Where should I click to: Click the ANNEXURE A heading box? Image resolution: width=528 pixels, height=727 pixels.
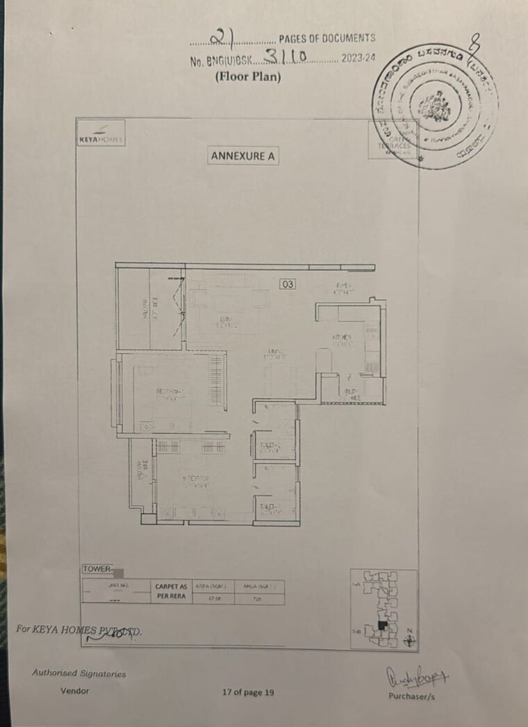point(242,156)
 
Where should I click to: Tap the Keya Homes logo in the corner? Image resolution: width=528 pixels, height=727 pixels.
point(100,137)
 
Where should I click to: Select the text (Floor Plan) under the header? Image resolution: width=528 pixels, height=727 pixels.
point(247,77)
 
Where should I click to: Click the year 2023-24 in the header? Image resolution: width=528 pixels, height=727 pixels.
point(357,60)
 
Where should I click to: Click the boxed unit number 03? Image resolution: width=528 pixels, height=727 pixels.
point(288,284)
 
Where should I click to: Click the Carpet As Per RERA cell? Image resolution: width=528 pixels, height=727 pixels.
point(170,591)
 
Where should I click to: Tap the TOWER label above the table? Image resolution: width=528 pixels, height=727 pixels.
point(97,569)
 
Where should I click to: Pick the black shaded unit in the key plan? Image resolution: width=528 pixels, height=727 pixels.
point(381,626)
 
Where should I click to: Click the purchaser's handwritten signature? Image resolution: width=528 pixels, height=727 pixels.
point(409,675)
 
